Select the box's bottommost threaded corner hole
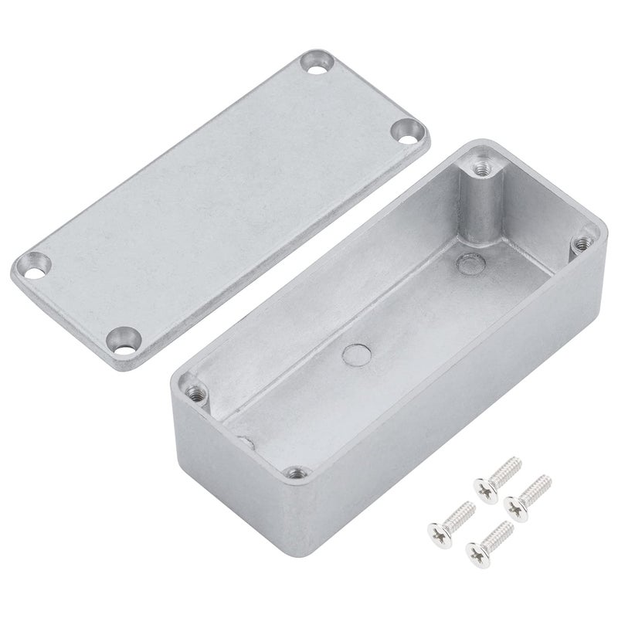293,472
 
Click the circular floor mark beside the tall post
466,263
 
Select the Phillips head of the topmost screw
486,488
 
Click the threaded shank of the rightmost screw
534,487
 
